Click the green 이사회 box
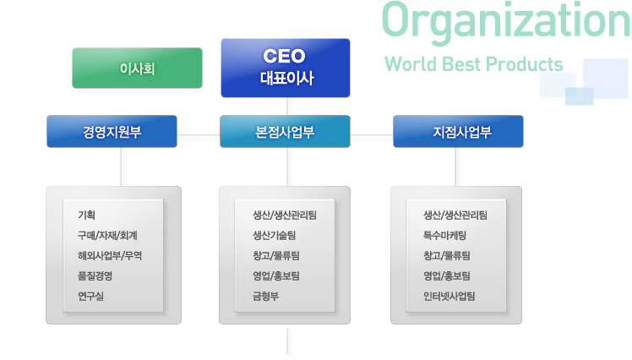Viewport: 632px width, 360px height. click(137, 68)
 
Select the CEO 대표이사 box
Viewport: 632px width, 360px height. click(286, 68)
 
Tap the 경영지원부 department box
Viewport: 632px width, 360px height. click(112, 132)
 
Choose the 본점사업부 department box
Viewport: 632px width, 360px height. click(285, 132)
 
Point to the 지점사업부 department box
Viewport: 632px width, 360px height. click(458, 132)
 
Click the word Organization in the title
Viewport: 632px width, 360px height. click(506, 20)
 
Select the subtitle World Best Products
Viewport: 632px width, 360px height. click(474, 64)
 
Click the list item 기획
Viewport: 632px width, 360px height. click(87, 215)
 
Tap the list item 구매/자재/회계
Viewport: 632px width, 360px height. click(107, 236)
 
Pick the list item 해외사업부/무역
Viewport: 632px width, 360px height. click(110, 255)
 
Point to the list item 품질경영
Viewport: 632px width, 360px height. click(95, 275)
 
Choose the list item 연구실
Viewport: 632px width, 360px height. click(90, 297)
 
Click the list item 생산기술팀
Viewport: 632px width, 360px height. click(274, 236)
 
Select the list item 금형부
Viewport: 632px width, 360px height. click(265, 297)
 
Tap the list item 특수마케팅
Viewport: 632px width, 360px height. click(444, 236)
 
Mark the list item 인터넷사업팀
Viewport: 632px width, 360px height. click(449, 297)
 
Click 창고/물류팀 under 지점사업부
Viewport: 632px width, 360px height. click(447, 255)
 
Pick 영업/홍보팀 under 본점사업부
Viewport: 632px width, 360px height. click(276, 275)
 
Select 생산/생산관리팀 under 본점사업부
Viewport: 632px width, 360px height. click(285, 215)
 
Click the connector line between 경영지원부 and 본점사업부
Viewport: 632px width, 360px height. click(199, 135)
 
